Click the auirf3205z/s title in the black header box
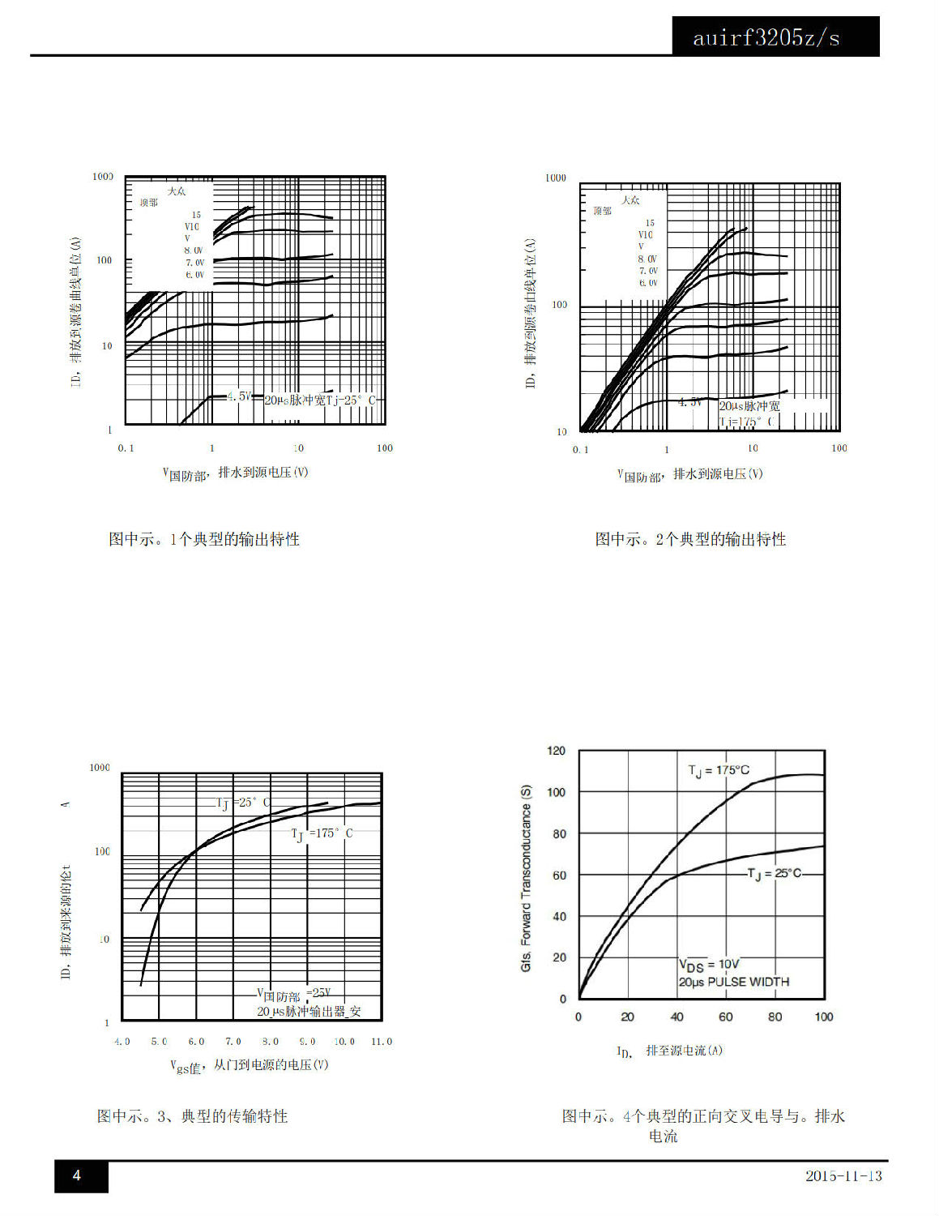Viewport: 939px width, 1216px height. (766, 38)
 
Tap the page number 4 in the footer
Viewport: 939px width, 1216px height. (77, 1175)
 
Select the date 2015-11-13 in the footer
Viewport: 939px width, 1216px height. (843, 1175)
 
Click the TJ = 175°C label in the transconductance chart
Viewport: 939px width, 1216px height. (719, 770)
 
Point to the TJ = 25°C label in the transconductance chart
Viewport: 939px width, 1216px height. (775, 873)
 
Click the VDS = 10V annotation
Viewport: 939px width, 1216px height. (708, 965)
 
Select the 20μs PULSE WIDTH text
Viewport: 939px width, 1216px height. (733, 982)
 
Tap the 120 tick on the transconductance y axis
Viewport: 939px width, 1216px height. (556, 751)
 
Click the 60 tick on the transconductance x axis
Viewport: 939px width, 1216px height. (726, 1017)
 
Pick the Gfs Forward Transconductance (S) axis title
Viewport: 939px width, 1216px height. (526, 878)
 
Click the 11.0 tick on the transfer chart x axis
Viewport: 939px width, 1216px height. (381, 1042)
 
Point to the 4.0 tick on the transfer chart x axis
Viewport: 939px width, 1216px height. (122, 1042)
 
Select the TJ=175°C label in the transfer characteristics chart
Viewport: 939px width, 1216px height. (322, 833)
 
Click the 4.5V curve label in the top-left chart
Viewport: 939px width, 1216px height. (239, 396)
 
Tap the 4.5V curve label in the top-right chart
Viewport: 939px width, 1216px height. (689, 402)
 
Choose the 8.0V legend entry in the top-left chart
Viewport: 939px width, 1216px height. (194, 250)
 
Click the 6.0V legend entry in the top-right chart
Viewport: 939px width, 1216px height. (648, 283)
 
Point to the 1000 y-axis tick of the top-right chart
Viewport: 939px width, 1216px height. (556, 178)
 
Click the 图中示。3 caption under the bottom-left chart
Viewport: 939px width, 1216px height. (192, 1116)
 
